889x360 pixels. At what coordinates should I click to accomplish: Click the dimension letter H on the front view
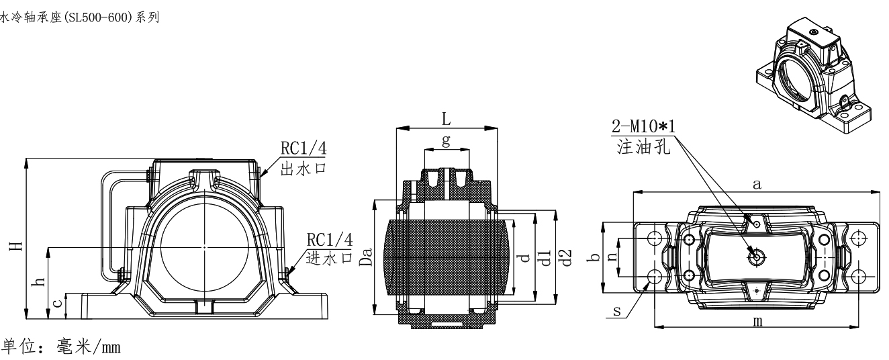[16, 246]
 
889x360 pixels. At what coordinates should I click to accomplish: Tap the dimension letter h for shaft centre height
[40, 281]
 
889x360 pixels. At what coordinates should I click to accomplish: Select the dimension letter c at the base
[58, 303]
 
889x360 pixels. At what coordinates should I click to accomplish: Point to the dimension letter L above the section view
[446, 119]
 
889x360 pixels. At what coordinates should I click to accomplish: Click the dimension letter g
[446, 140]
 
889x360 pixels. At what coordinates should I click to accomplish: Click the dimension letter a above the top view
[757, 184]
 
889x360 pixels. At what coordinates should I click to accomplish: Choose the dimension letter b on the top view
[594, 257]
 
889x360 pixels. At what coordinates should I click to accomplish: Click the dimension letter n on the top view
[613, 257]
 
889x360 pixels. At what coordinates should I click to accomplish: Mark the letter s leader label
[617, 311]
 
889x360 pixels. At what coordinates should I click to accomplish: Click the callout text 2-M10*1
[643, 126]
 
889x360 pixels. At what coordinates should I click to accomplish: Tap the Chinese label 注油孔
[643, 146]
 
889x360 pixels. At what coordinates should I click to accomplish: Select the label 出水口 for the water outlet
[303, 169]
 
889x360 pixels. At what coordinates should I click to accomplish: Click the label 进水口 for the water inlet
[330, 258]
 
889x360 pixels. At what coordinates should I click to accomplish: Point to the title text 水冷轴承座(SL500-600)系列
[79, 17]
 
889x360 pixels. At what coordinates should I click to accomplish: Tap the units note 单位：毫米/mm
[62, 347]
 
